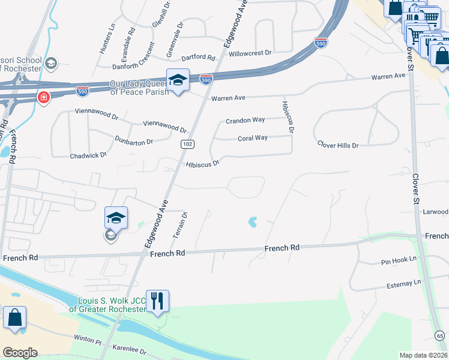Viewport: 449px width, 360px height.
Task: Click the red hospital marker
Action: coord(43,97)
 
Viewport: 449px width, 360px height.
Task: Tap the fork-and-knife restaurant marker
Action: coord(157,301)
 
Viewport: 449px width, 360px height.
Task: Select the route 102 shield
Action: coord(187,144)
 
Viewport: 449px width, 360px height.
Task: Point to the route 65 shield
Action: coord(440,335)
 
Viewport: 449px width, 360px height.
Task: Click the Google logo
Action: coord(20,353)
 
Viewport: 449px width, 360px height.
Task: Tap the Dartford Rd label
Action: coord(198,58)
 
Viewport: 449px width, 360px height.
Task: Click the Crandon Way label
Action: coord(246,120)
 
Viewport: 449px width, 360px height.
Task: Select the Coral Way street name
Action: coord(252,138)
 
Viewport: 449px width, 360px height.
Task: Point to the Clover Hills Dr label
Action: coord(338,145)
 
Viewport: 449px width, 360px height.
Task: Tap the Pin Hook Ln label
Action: coord(399,262)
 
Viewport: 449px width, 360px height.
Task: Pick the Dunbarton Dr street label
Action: coord(134,141)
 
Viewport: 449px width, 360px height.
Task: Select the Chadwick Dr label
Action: coord(88,155)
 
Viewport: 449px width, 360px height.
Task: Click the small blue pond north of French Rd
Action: coord(253,222)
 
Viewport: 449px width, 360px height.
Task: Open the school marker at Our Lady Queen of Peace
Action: coord(178,80)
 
